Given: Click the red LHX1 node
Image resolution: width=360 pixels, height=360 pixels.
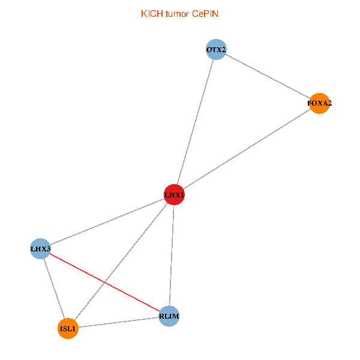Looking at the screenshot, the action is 174,194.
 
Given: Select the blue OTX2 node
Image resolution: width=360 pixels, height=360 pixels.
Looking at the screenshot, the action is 216,49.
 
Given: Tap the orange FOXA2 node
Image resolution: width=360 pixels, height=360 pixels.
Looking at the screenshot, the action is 319,103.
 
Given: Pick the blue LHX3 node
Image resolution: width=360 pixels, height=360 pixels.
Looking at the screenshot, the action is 40,248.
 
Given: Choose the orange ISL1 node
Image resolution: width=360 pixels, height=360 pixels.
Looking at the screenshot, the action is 68,329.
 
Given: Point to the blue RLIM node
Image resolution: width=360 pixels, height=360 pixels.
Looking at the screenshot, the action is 169,316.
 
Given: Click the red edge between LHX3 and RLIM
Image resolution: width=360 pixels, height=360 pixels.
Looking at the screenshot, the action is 104,283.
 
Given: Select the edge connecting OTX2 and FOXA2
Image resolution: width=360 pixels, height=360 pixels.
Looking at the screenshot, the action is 268,76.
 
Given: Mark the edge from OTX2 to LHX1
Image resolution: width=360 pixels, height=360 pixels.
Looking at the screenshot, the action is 195,122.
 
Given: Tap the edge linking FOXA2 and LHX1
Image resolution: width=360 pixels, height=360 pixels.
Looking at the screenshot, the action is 247,149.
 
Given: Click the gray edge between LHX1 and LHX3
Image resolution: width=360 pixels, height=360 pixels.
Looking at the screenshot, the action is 107,221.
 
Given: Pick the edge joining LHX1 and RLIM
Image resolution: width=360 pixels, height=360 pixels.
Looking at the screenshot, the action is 172,256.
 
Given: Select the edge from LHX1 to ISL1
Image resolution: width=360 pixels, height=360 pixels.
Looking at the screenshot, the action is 121,262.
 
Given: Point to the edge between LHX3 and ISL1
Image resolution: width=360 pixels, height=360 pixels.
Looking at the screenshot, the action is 54,289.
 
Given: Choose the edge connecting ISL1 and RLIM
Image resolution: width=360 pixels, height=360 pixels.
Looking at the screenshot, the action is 118,322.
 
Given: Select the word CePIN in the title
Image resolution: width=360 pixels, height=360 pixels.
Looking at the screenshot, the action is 205,14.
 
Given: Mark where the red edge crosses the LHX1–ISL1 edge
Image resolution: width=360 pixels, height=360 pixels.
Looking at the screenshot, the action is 104,283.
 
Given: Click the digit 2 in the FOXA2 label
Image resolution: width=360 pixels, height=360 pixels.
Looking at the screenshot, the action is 329,103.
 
